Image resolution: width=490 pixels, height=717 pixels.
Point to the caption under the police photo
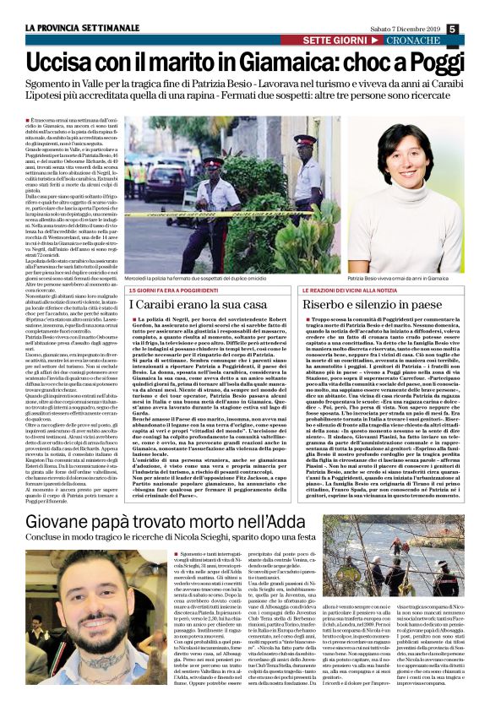211,278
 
